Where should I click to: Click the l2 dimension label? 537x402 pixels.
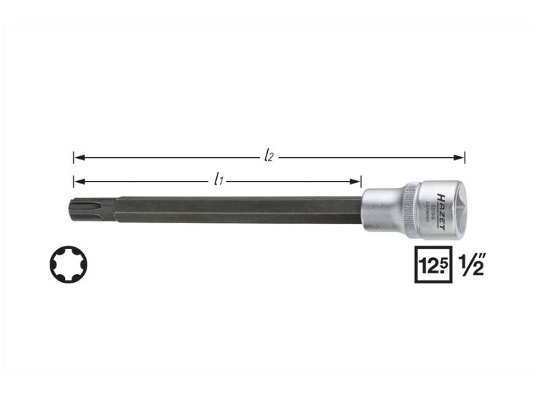pos(268,157)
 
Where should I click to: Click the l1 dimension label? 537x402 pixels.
pos(217,180)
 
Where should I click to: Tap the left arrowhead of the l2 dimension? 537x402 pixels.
pos(79,157)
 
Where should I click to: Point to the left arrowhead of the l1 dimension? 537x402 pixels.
pos(79,181)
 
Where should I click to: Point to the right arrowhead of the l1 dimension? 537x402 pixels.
pos(357,181)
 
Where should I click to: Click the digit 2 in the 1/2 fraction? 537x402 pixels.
pos(477,268)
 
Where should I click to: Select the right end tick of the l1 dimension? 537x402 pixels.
pos(362,181)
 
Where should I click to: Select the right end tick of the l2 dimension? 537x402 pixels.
pos(465,157)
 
